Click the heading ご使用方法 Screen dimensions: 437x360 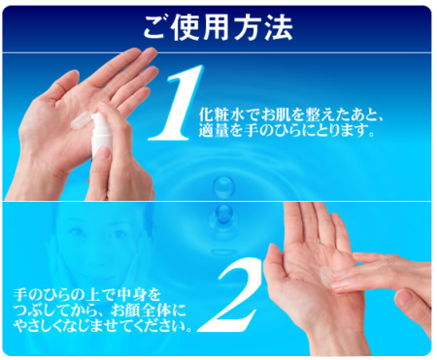[x=218, y=28]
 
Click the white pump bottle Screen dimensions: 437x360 [x=101, y=134]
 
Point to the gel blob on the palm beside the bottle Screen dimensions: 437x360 [x=81, y=120]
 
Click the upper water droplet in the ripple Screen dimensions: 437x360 [x=223, y=186]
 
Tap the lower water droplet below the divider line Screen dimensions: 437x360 [x=223, y=213]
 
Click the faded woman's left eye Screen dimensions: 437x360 [x=118, y=233]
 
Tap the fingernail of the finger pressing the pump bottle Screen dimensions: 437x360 [x=103, y=151]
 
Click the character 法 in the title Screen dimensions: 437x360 [x=279, y=28]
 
